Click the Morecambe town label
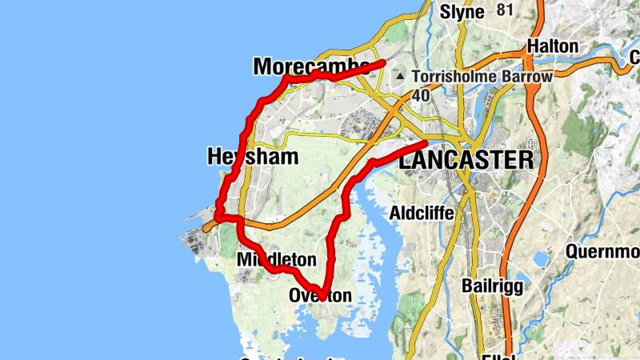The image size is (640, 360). [310, 66]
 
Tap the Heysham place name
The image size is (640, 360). [252, 156]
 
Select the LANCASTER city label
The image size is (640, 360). [466, 160]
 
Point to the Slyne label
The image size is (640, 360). [462, 12]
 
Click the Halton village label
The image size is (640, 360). [552, 46]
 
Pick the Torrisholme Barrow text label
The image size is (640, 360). [482, 77]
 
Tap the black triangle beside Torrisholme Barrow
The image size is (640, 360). [401, 77]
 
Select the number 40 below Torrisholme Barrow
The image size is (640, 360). [422, 95]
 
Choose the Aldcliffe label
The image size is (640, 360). [422, 214]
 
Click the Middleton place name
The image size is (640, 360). [277, 260]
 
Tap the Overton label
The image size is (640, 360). [320, 296]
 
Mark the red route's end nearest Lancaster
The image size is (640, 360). [425, 143]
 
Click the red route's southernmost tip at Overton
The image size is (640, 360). [322, 293]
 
